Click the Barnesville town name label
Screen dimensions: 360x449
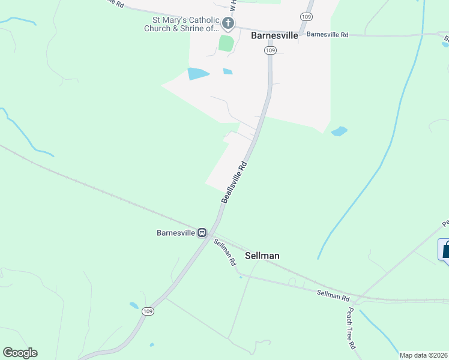click(x=274, y=35)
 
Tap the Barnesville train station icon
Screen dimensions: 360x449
click(x=203, y=233)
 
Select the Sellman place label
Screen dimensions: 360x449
click(x=262, y=256)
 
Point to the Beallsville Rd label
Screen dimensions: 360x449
click(x=234, y=182)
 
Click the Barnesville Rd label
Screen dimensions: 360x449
click(x=327, y=35)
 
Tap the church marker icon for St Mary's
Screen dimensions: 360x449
click(x=228, y=23)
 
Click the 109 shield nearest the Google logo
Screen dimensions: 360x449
click(x=148, y=311)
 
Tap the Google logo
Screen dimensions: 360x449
click(x=20, y=353)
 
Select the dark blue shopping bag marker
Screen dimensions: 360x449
click(x=445, y=250)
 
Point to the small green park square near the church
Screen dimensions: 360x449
click(x=226, y=43)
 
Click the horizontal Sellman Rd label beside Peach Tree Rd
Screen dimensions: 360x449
click(x=333, y=295)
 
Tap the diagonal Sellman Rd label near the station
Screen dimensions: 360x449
click(x=224, y=252)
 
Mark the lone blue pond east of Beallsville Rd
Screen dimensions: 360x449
click(x=339, y=131)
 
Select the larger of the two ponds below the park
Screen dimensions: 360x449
click(x=197, y=74)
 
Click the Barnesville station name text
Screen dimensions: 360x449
click(x=176, y=233)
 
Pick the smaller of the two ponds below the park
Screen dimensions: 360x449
click(x=228, y=71)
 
